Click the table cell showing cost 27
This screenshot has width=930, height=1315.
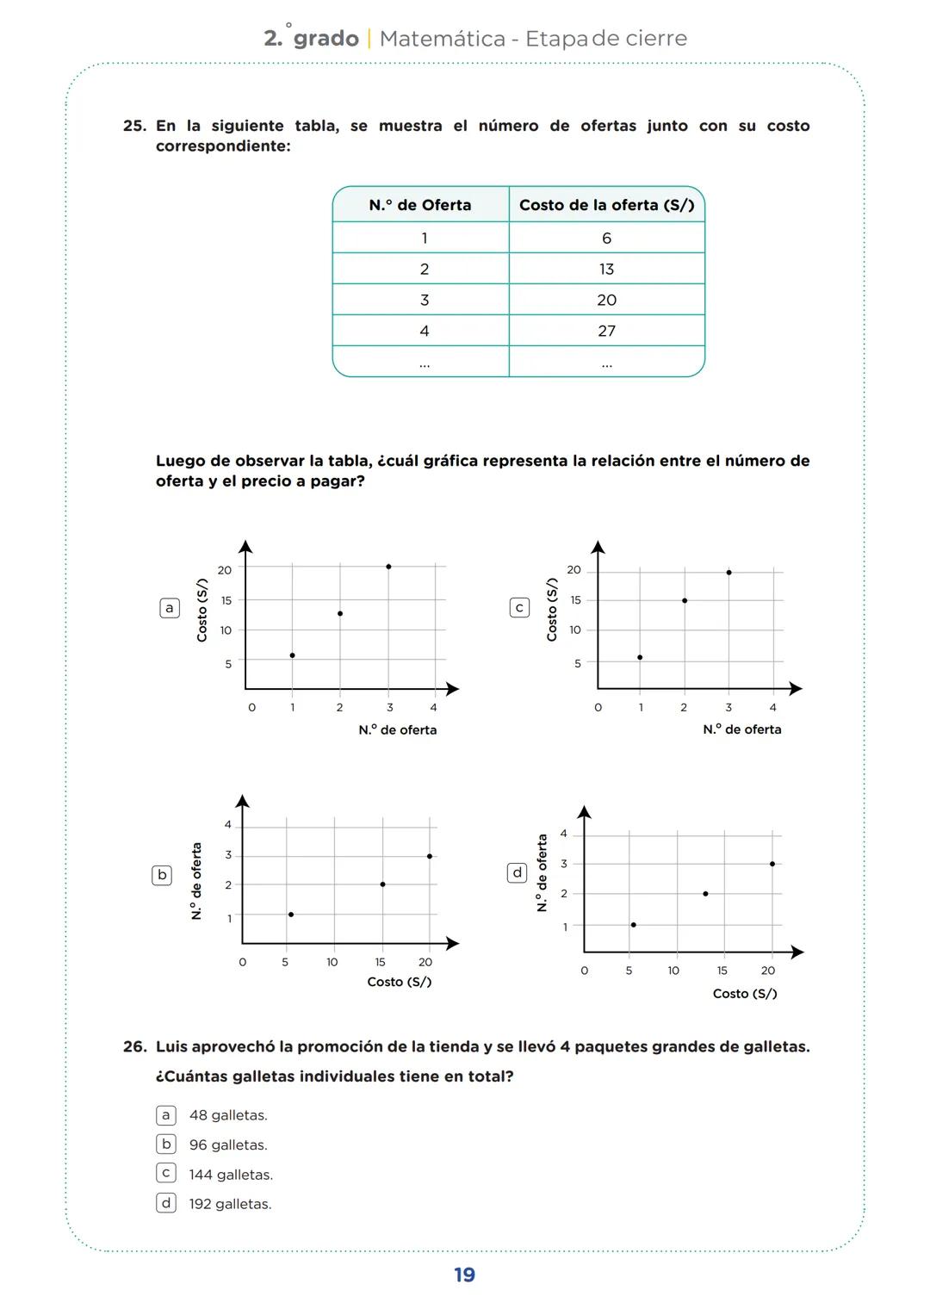point(606,331)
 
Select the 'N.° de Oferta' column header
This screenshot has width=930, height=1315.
point(420,205)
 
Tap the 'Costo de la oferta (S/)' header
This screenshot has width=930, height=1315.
point(606,205)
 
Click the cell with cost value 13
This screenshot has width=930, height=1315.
point(606,270)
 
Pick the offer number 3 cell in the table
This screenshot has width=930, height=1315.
point(424,300)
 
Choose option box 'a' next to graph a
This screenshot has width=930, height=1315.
point(170,608)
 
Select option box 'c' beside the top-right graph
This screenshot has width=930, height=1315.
point(519,608)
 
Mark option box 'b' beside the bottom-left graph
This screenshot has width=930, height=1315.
point(162,875)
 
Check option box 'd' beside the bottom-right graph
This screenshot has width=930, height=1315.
point(517,873)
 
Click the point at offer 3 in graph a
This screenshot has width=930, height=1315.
point(388,567)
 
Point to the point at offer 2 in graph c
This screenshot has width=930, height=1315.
point(685,600)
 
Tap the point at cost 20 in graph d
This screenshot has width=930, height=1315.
point(772,864)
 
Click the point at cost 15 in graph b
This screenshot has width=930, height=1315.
point(382,884)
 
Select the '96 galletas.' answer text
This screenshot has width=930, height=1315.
point(228,1144)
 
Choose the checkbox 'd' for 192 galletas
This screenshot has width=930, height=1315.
point(166,1203)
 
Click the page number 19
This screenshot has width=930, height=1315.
point(464,1275)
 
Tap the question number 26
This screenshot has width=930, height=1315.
point(134,1047)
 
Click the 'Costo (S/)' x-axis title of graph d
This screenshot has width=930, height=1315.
point(745,994)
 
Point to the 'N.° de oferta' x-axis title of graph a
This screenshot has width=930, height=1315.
point(398,730)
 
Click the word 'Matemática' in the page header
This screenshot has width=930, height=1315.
point(442,39)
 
